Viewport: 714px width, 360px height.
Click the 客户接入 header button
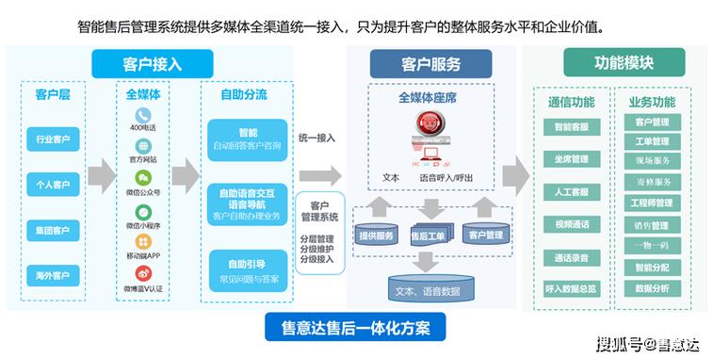coord(152,64)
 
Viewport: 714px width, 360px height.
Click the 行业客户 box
coord(54,139)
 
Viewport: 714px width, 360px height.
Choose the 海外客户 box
coord(54,276)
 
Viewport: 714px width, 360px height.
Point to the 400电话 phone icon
coord(143,115)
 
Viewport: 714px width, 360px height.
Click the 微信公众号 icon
coord(143,179)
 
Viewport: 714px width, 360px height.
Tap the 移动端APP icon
coord(143,242)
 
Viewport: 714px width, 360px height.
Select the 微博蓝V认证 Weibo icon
coord(143,274)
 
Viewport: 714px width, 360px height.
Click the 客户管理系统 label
coord(317,211)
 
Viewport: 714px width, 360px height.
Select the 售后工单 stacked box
coord(431,234)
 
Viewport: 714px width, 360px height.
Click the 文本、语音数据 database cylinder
coord(429,286)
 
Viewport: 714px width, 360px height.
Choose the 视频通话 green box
coord(571,225)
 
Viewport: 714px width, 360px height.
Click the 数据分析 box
coord(652,287)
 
